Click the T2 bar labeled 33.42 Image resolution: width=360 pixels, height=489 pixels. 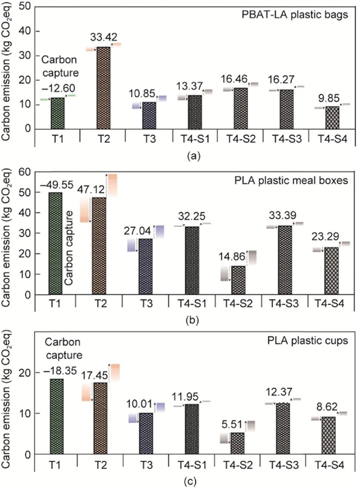pyautogui.click(x=102, y=87)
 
